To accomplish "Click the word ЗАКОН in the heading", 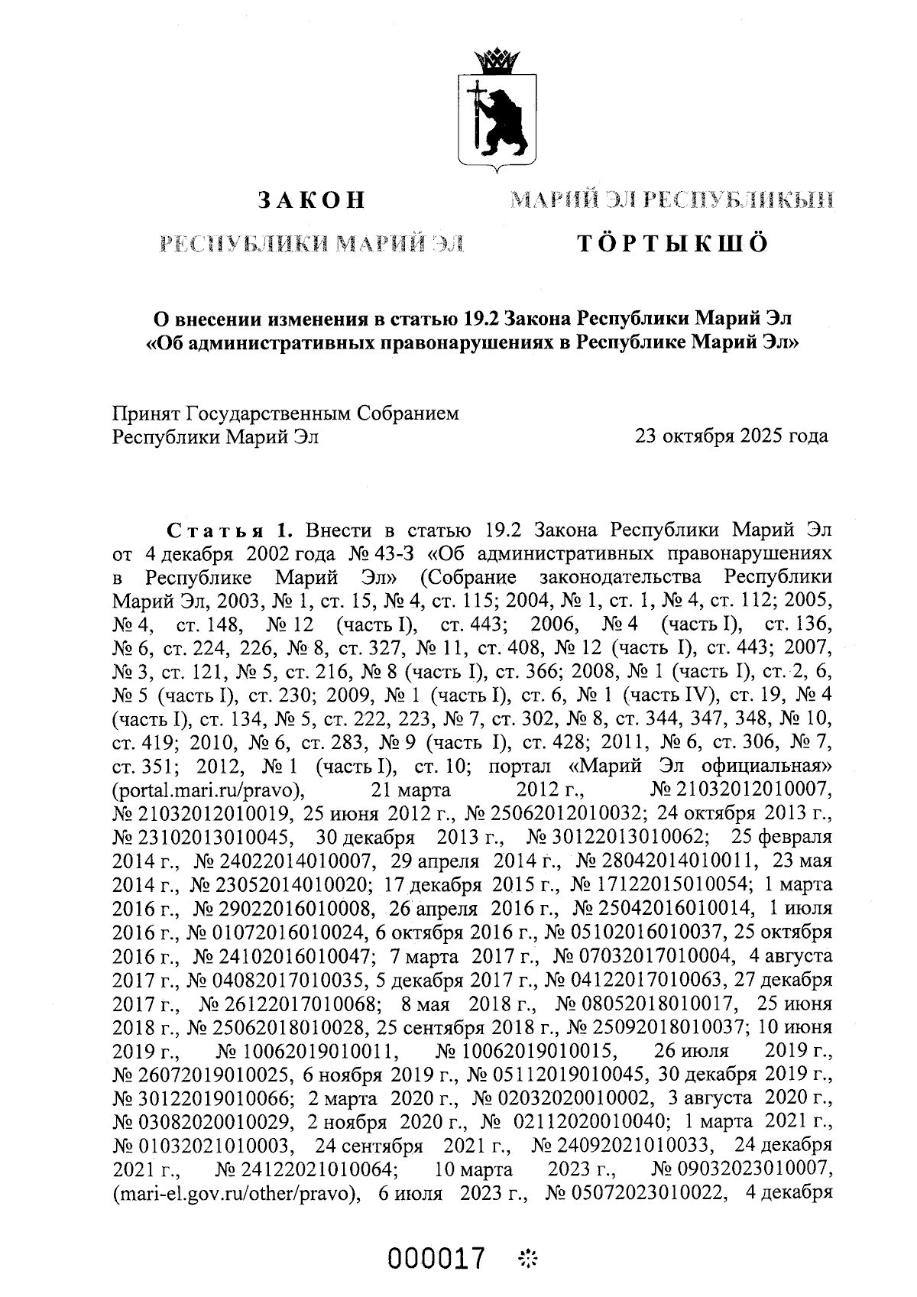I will (x=310, y=201).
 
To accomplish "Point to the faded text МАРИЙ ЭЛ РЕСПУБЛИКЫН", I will (x=672, y=201).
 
